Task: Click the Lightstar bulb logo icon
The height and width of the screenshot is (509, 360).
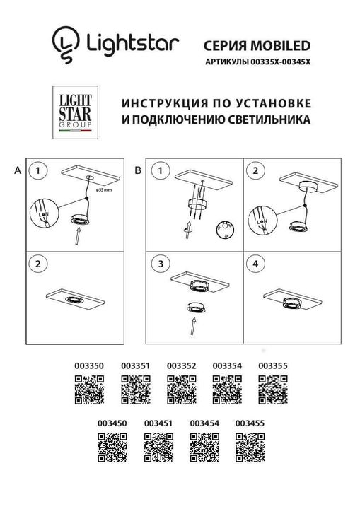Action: click(65, 40)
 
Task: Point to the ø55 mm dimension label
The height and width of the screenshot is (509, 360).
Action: click(104, 189)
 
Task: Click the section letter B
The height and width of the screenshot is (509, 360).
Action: click(139, 170)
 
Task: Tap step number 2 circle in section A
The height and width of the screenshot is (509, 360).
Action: click(37, 264)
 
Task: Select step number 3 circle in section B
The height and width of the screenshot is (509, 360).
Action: click(161, 264)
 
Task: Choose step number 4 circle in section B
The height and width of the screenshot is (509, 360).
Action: click(256, 264)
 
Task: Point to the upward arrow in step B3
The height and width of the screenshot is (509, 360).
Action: click(193, 327)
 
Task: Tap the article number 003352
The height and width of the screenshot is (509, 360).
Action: click(181, 365)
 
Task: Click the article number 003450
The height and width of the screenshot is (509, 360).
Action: click(112, 423)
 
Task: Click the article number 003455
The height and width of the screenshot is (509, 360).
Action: click(249, 423)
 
